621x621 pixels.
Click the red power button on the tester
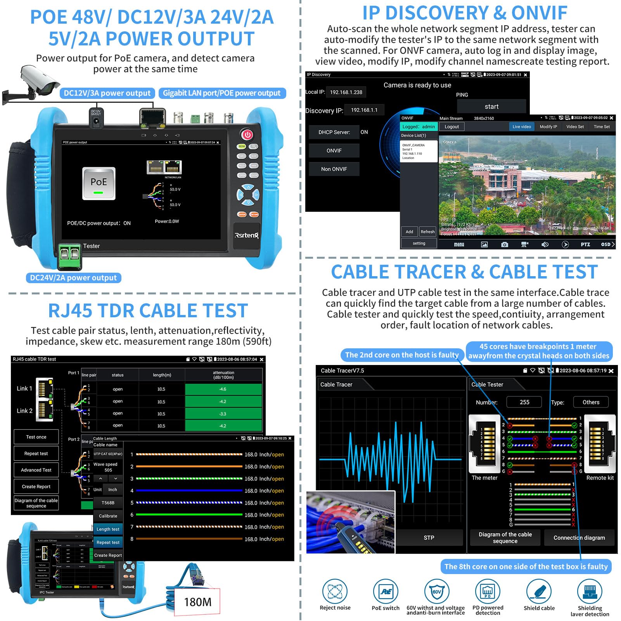pos(247,135)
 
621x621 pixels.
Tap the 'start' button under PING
pos(491,106)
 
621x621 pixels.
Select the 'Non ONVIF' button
pos(334,169)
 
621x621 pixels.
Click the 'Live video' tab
pos(521,127)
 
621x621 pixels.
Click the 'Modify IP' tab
pos(548,127)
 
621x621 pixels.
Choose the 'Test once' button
pos(36,437)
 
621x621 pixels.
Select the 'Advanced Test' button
pos(36,470)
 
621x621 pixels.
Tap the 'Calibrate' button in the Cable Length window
pos(108,516)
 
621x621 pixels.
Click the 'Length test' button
pos(108,529)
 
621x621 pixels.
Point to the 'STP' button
pos(429,538)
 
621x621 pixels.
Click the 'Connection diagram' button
pos(579,538)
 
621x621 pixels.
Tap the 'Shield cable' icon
pos(539,592)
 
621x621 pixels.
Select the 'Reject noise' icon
pos(335,592)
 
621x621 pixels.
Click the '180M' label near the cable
pos(197,602)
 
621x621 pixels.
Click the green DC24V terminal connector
pos(70,256)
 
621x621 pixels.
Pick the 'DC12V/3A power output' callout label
pos(107,93)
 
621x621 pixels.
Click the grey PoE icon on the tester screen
pos(99,183)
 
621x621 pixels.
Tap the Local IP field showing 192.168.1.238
pos(346,92)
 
